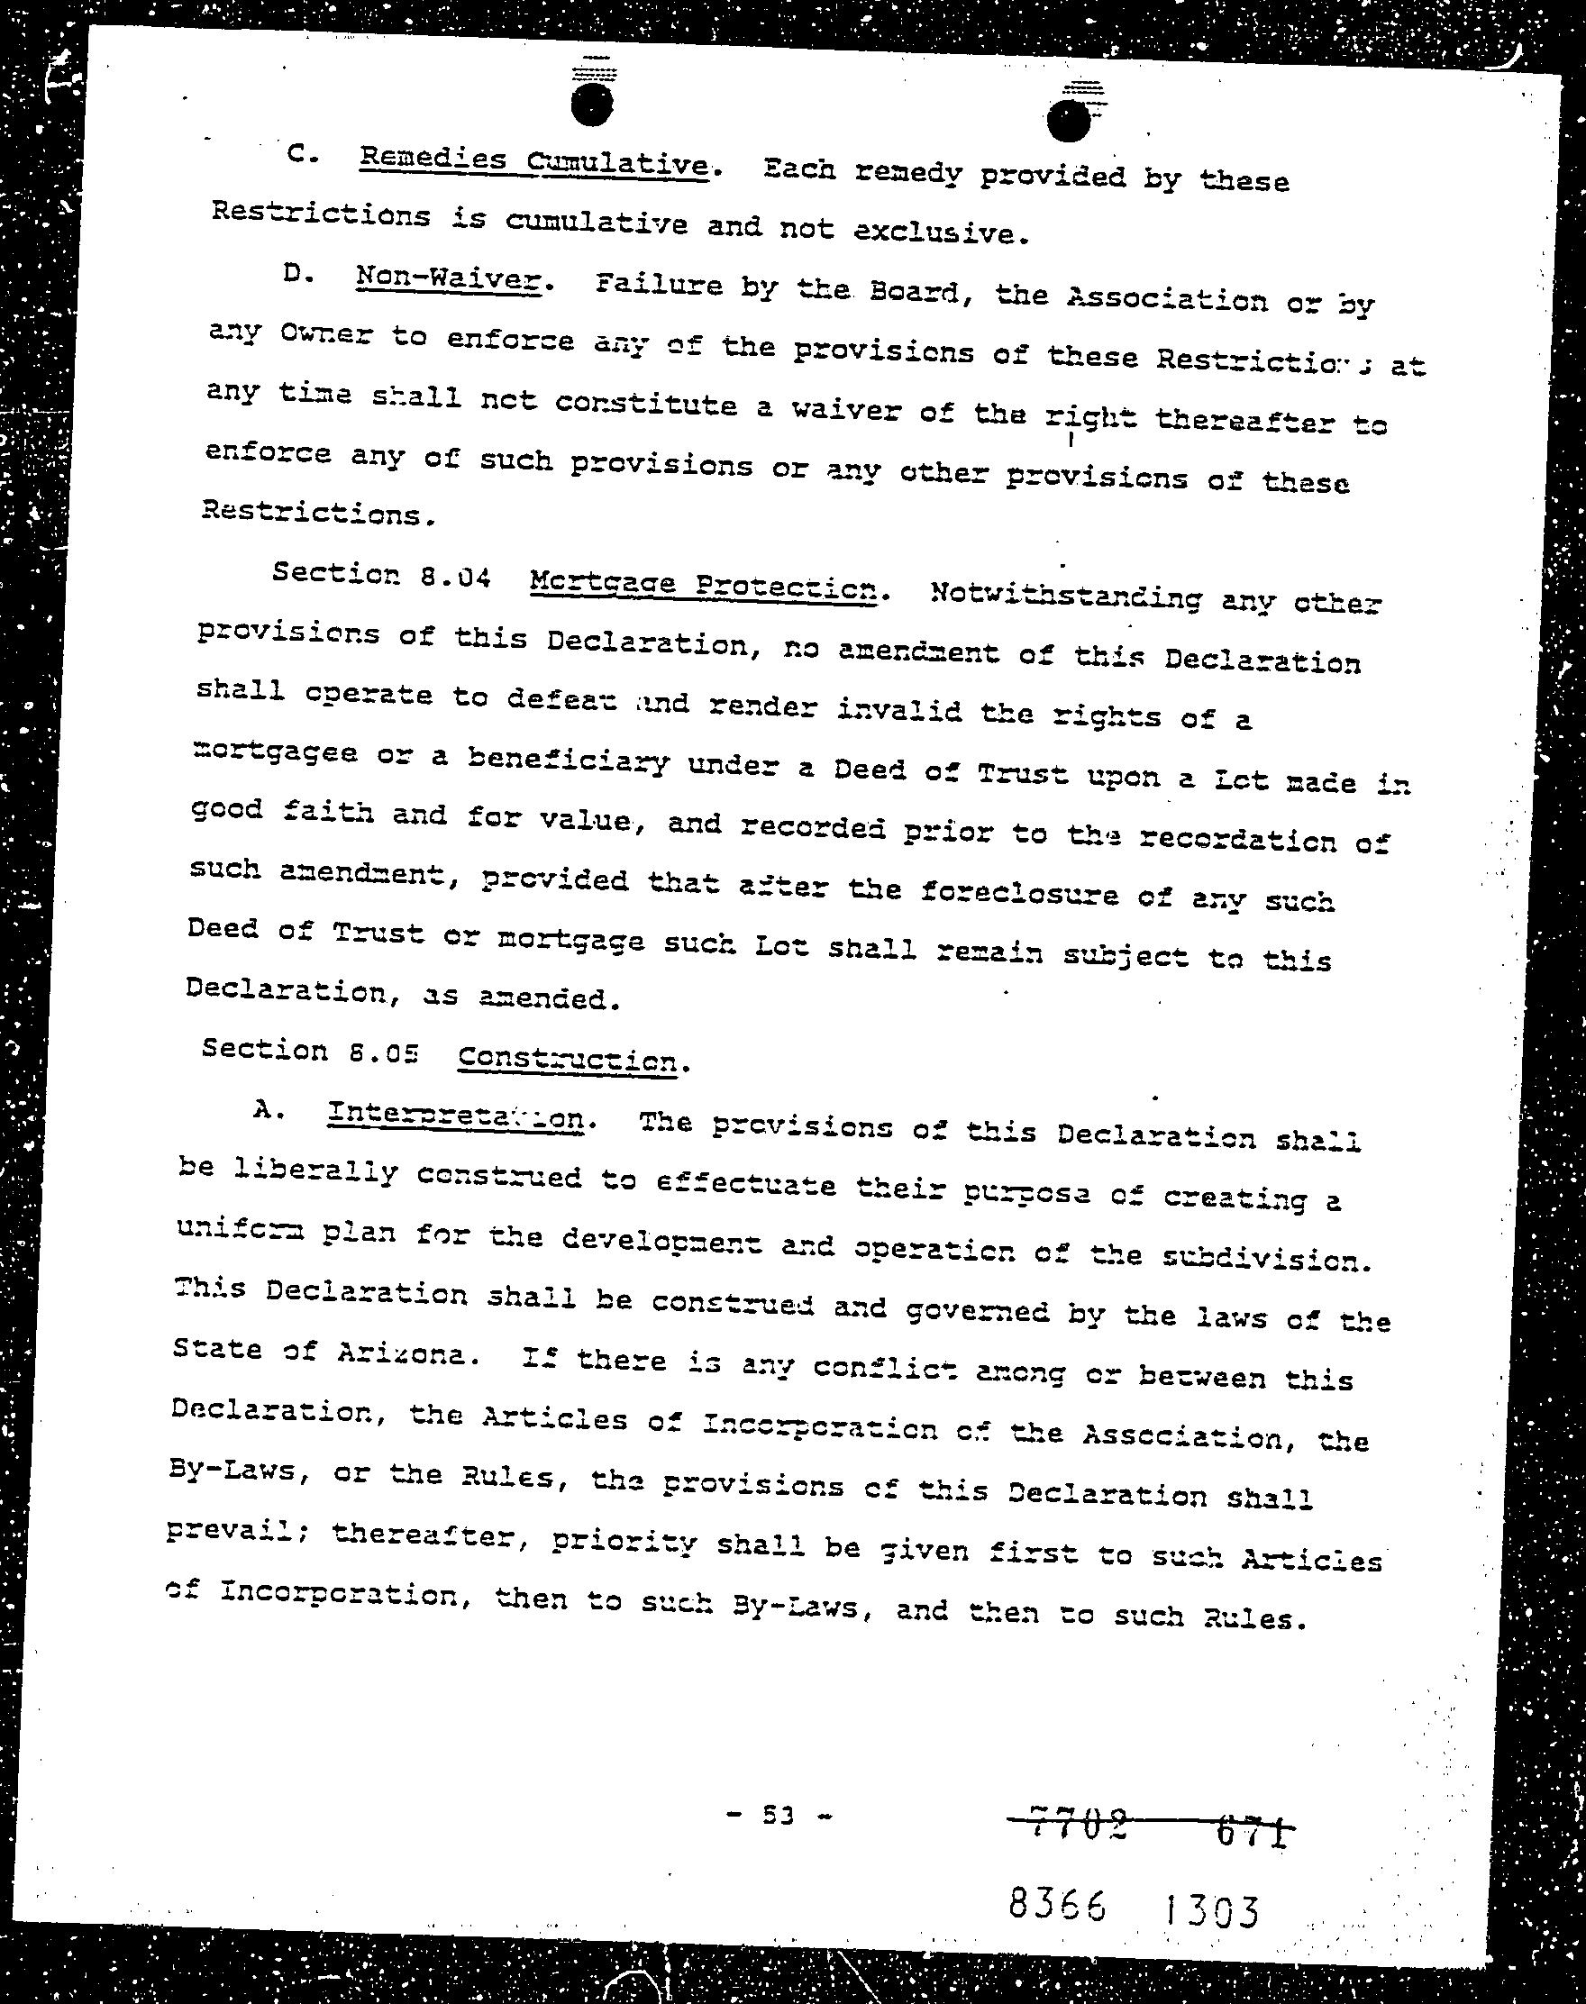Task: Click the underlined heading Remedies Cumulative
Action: coord(534,162)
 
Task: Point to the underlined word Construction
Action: coord(568,1058)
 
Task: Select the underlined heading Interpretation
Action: coord(456,1116)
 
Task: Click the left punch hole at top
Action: coord(592,103)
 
